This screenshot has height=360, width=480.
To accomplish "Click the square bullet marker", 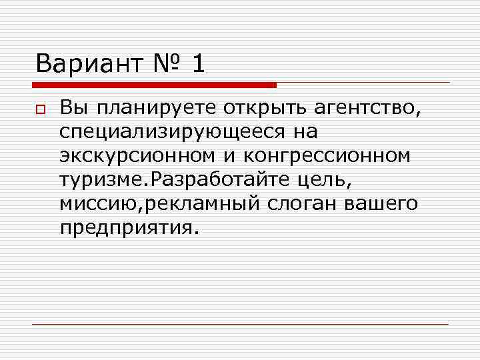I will pos(41,108).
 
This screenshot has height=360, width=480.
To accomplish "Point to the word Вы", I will pos(72,107).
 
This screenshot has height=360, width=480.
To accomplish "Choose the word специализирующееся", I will pos(173,132).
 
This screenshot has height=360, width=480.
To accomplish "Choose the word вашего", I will pos(381,203).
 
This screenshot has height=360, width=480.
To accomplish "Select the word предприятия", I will pos(127,228).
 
